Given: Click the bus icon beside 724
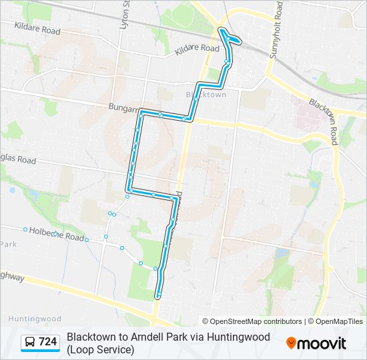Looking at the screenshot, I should (30, 343).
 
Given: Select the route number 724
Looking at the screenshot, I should (48, 343).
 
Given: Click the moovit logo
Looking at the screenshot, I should (316, 343).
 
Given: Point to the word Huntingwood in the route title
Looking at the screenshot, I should (237, 337).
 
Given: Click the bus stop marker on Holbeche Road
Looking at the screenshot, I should (25, 230).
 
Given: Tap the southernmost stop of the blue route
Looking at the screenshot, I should (158, 294).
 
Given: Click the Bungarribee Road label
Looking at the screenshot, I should (124, 107).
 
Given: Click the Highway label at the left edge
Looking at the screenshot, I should (13, 275).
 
